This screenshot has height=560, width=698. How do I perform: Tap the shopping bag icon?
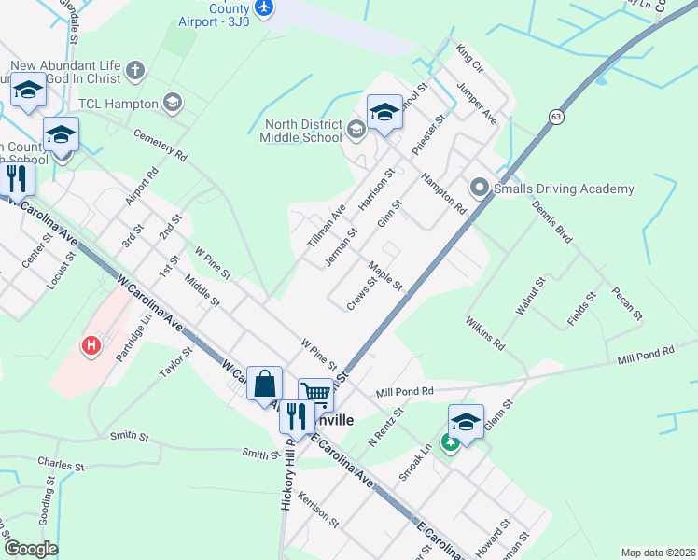click(265, 384)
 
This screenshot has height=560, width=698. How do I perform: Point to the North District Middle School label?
click(303, 131)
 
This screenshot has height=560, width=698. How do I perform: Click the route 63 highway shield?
click(557, 117)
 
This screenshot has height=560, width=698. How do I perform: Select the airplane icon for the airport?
click(265, 7)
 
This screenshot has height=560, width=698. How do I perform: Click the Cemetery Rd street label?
click(161, 143)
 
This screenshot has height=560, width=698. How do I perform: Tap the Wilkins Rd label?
click(485, 333)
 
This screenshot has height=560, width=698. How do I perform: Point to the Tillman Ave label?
click(327, 227)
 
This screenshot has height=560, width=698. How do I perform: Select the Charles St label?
click(61, 462)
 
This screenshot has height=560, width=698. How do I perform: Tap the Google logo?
click(31, 549)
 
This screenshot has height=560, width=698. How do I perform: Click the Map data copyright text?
click(658, 553)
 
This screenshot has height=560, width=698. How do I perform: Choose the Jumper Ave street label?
click(477, 103)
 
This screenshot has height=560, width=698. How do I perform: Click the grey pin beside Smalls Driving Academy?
click(480, 189)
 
